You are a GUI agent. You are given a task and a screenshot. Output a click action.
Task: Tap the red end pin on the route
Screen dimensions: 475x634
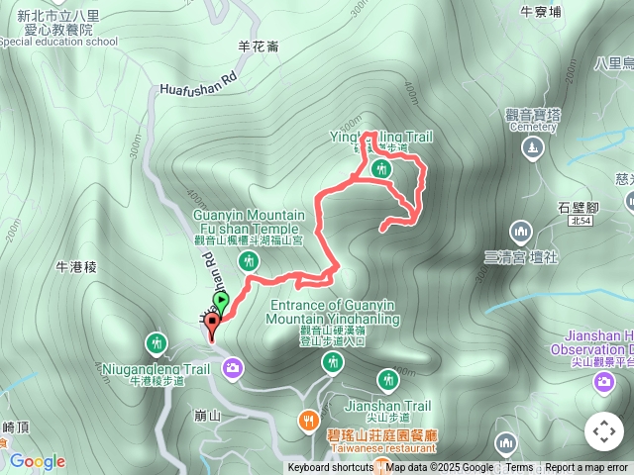[211, 329]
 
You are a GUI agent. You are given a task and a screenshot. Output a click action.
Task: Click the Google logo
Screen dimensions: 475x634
[38, 461]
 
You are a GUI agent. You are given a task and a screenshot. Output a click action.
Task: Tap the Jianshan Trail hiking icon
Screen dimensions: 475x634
[387, 379]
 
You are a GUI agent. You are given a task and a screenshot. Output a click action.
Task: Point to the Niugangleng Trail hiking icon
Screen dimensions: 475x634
[157, 344]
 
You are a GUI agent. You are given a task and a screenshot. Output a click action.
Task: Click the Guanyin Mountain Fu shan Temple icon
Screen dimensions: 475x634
[250, 261]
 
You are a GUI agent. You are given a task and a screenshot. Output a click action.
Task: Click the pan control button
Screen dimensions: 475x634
[604, 431]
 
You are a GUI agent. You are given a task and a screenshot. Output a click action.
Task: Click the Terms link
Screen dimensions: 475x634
[519, 468]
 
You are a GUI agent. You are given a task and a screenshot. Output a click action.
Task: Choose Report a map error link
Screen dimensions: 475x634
[586, 468]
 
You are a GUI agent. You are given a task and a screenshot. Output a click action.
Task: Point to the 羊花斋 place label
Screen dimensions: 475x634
[259, 46]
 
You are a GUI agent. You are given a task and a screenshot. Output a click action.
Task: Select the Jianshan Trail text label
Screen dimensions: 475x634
[387, 406]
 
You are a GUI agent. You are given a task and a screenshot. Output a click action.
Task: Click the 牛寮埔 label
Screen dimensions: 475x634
[541, 12]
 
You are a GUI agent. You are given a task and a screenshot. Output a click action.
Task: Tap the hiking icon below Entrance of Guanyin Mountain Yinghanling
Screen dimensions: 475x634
[332, 363]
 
